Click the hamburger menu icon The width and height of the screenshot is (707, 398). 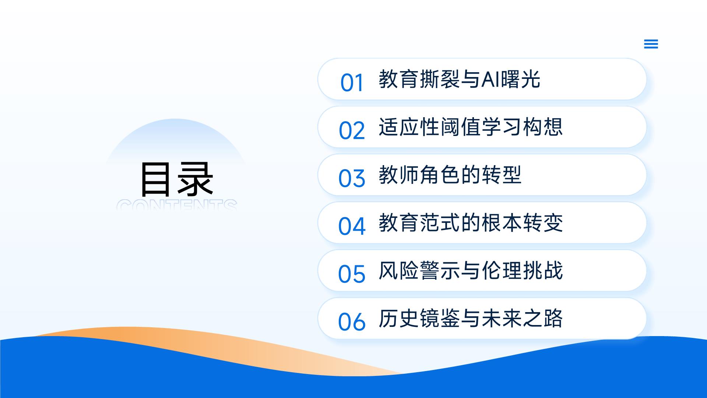click(651, 44)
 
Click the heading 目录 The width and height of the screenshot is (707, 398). click(177, 179)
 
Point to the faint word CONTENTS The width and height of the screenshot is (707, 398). click(177, 205)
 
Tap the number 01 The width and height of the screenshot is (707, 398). click(352, 83)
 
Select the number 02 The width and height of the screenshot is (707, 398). click(352, 130)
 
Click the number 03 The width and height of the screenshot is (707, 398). click(352, 178)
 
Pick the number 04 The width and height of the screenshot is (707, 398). click(352, 226)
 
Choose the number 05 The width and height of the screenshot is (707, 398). click(352, 274)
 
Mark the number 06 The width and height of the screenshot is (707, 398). click(352, 322)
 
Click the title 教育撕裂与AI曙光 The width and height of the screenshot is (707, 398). click(459, 79)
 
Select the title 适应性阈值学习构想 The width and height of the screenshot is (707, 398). click(471, 127)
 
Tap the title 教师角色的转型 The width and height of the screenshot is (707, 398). click(450, 175)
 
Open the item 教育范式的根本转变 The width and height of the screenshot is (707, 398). click(471, 223)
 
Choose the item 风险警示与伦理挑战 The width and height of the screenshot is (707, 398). click(471, 270)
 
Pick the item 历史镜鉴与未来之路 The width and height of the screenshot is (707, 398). click(471, 318)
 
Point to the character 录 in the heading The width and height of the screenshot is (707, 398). click(196, 179)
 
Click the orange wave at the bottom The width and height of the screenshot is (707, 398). click(221, 343)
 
